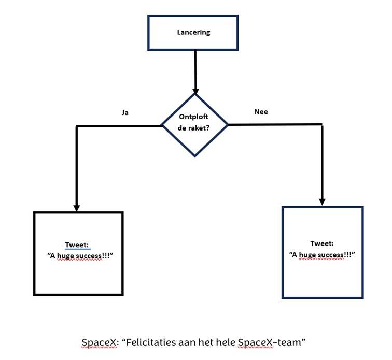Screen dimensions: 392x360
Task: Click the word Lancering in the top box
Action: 193,32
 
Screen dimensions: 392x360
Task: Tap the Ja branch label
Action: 125,112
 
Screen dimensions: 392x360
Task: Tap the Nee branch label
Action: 261,111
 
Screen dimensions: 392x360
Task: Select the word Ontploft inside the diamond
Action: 193,117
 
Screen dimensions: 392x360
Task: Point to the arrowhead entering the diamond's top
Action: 195,89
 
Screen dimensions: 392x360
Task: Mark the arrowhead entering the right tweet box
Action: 322,201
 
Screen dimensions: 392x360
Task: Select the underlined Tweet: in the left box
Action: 78,246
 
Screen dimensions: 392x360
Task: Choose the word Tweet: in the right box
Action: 322,243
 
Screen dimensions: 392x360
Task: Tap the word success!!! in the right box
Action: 332,254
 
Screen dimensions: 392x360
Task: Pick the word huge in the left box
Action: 64,256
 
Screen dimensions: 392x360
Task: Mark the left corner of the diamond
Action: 162,125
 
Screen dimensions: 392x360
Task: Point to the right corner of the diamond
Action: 228,125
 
